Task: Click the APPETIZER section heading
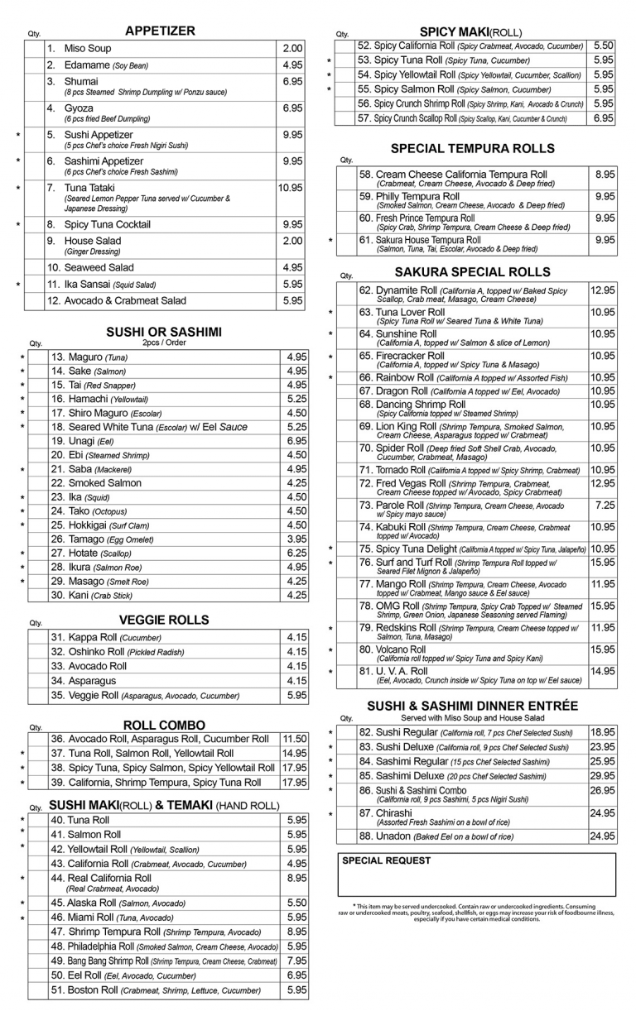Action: (x=160, y=31)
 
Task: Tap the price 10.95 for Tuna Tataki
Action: (x=290, y=188)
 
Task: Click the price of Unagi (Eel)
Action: (x=296, y=441)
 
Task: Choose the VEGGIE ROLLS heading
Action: (x=164, y=620)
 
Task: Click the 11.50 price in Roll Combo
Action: (x=295, y=739)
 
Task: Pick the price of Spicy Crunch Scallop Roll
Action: (x=604, y=118)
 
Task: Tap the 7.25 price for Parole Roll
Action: (x=605, y=504)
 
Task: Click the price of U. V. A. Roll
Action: (x=603, y=671)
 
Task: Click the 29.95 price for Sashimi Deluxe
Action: (x=603, y=775)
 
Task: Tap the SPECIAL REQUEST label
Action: (x=386, y=861)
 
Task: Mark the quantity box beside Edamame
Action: (x=34, y=65)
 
